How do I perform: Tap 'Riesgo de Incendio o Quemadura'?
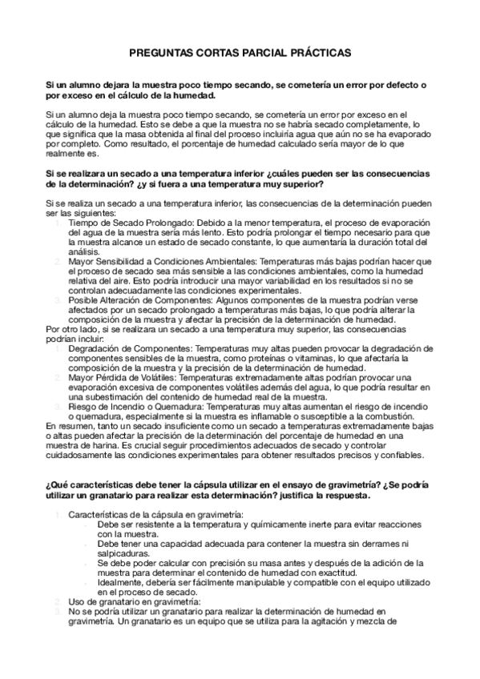click(x=129, y=406)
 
